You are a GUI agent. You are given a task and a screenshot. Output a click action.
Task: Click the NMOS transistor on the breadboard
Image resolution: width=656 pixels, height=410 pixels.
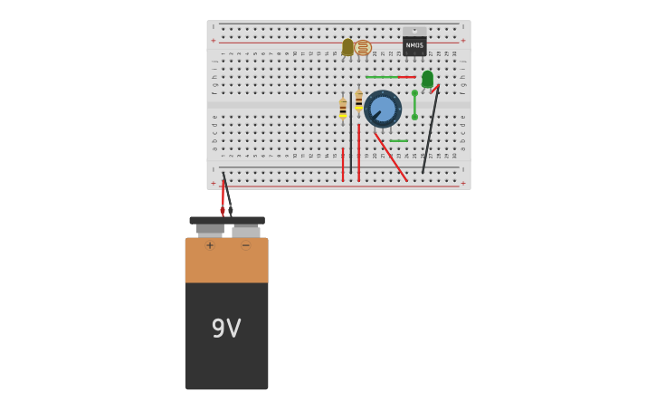(414, 44)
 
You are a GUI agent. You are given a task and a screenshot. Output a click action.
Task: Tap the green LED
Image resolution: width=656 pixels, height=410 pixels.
(427, 80)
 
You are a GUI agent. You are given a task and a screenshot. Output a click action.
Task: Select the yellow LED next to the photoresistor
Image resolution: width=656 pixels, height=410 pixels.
(347, 47)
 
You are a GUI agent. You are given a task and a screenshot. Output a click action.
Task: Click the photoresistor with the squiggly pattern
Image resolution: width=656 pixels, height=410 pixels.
(363, 47)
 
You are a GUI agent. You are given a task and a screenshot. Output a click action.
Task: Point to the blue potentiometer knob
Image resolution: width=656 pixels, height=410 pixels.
(383, 109)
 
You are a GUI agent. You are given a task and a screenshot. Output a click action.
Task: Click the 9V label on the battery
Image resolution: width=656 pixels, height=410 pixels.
(226, 329)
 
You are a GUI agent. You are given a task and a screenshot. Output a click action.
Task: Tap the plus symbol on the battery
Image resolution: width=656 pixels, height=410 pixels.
(210, 245)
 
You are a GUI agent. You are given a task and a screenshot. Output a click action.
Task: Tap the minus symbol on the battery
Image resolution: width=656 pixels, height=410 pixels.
(245, 245)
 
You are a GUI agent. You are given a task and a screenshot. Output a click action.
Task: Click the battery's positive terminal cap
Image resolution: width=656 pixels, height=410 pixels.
(210, 230)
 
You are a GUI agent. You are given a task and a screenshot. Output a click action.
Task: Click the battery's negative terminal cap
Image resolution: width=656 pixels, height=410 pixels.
(246, 232)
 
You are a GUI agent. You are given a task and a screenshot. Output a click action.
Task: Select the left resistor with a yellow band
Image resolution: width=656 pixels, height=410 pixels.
(343, 108)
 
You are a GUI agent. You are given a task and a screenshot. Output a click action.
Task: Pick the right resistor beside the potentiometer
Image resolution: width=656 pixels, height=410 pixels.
(358, 100)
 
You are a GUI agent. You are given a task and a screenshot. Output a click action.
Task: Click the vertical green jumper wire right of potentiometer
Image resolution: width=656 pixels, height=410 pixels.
(414, 105)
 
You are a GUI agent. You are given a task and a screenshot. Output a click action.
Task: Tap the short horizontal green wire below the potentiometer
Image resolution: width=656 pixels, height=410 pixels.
(398, 141)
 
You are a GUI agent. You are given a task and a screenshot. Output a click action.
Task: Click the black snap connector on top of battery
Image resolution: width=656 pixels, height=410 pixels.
(227, 220)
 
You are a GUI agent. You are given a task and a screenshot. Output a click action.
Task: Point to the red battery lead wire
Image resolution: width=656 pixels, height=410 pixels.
(223, 195)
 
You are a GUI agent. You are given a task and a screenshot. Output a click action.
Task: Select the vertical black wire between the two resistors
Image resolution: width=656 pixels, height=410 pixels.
(351, 136)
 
